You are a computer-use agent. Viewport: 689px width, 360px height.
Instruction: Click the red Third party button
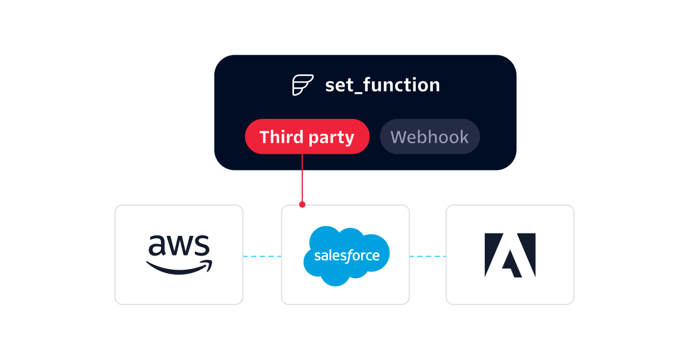pyautogui.click(x=307, y=137)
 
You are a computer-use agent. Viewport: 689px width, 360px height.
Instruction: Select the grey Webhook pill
pyautogui.click(x=430, y=137)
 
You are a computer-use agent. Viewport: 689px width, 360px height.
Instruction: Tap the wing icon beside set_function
pyautogui.click(x=303, y=85)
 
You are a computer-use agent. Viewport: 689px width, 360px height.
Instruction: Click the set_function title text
pyautogui.click(x=383, y=85)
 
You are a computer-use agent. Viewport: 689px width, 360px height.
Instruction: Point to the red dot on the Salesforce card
pyautogui.click(x=302, y=204)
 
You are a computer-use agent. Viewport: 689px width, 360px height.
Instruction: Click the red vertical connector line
pyautogui.click(x=302, y=178)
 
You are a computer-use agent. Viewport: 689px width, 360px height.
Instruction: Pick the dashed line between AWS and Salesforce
pyautogui.click(x=263, y=256)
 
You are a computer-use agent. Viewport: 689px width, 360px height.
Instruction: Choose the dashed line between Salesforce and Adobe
pyautogui.click(x=428, y=256)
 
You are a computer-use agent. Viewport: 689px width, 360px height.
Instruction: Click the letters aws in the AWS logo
pyautogui.click(x=179, y=245)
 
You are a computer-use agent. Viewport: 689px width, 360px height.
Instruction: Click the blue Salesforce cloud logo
pyautogui.click(x=346, y=256)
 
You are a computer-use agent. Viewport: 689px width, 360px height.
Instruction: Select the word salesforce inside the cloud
pyautogui.click(x=347, y=256)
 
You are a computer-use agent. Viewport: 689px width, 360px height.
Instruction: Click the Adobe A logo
pyautogui.click(x=510, y=255)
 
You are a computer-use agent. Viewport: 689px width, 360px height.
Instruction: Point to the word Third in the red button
pyautogui.click(x=282, y=137)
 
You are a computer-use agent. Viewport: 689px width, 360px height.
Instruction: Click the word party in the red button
pyautogui.click(x=331, y=138)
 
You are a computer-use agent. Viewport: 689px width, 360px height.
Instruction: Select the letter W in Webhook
pyautogui.click(x=399, y=137)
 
